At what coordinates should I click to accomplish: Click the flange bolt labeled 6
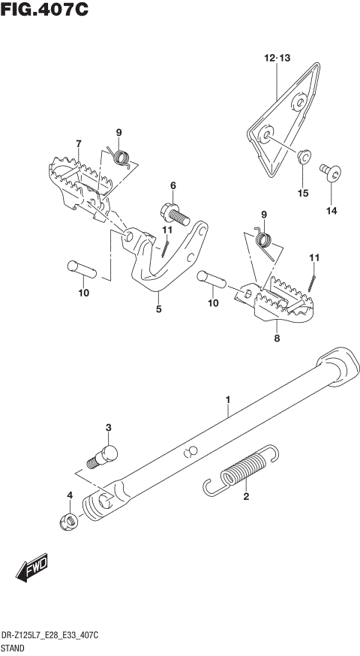(x=173, y=214)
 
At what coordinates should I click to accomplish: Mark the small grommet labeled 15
(x=304, y=157)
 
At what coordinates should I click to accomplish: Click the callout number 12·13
(x=275, y=58)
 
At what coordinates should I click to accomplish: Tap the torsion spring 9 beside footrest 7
(x=121, y=157)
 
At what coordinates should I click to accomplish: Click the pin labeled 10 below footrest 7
(x=79, y=266)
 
